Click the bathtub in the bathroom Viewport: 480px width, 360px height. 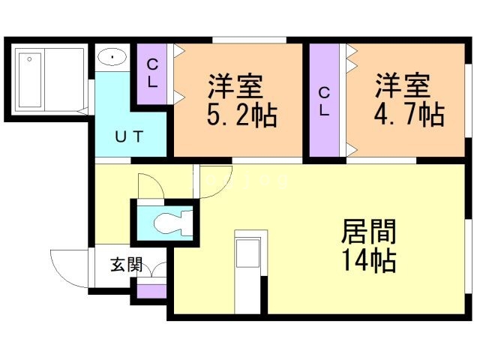(31, 79)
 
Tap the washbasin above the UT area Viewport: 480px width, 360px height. (113, 57)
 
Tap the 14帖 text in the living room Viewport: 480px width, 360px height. (368, 261)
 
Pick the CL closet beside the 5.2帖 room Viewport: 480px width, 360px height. (153, 73)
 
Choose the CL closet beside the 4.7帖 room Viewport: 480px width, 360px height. (325, 102)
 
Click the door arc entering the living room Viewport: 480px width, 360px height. (212, 183)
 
